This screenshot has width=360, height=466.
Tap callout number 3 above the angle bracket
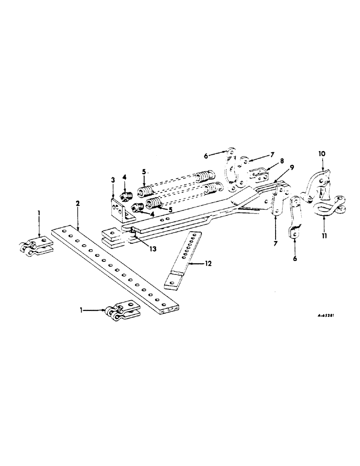coord(112,179)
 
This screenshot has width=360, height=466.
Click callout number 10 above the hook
coord(322,153)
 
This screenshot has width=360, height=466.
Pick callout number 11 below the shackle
coord(324,236)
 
